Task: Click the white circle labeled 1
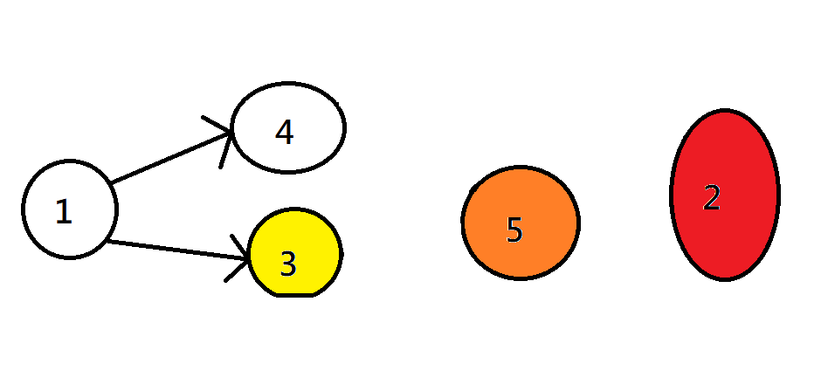[69, 209]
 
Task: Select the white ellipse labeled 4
[288, 127]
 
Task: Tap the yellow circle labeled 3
[295, 254]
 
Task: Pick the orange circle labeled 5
[520, 223]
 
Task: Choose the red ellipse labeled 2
[725, 195]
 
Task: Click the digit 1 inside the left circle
[63, 212]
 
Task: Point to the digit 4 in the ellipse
[284, 132]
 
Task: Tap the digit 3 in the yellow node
[288, 264]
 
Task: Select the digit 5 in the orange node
[514, 230]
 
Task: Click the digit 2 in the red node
[712, 198]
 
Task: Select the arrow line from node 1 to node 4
[170, 158]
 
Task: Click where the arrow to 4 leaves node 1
[112, 183]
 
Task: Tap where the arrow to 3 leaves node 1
[107, 240]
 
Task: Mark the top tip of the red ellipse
[725, 111]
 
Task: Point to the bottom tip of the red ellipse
[725, 279]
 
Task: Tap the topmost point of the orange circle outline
[520, 167]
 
